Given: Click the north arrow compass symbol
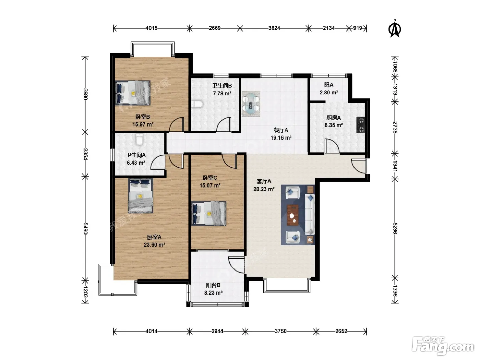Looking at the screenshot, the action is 395,28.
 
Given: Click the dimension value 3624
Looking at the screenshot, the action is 274,28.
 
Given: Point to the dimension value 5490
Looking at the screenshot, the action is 85,228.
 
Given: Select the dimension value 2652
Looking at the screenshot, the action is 341,331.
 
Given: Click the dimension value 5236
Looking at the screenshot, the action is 395,228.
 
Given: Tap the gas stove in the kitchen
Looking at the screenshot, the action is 361,125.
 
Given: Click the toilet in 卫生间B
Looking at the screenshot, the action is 197,105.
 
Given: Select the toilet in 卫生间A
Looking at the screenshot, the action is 139,140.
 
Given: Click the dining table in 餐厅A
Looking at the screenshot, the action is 251,104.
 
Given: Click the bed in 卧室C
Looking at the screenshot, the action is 208,213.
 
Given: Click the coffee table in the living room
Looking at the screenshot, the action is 293,215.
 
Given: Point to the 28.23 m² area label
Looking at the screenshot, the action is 264,189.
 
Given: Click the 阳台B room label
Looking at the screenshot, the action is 214,285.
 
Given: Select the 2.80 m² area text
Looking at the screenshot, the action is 329,93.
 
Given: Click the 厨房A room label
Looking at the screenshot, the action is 334,118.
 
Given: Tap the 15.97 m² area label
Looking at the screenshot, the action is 143,124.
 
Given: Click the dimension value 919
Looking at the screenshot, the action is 358,28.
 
